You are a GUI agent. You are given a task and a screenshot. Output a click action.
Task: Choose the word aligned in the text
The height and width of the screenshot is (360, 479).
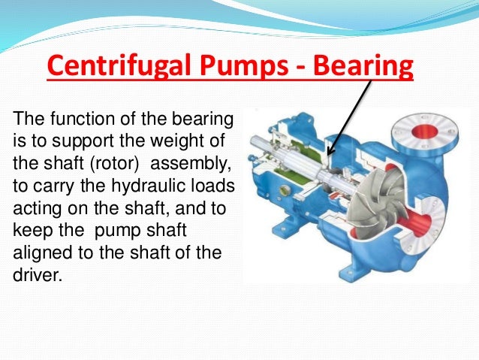(41, 253)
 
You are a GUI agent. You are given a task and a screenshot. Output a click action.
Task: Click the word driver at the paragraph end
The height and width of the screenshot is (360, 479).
(36, 274)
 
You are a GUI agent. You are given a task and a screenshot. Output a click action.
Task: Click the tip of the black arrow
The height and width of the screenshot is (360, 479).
(329, 155)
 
